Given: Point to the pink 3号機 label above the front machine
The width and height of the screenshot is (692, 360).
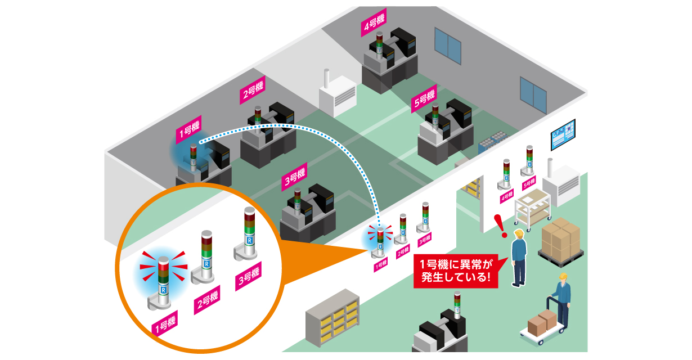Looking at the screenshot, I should click(295, 178).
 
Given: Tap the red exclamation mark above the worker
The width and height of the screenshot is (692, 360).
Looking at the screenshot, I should click(498, 225).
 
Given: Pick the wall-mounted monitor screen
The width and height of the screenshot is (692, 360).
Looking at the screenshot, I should click(563, 135).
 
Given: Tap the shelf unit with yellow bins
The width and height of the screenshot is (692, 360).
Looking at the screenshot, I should click(333, 318).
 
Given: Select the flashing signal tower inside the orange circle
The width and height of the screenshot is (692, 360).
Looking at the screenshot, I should click(162, 281).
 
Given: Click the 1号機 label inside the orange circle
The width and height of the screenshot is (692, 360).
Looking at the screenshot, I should click(164, 325).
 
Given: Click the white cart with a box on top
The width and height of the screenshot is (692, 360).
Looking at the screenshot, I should click(532, 208).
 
